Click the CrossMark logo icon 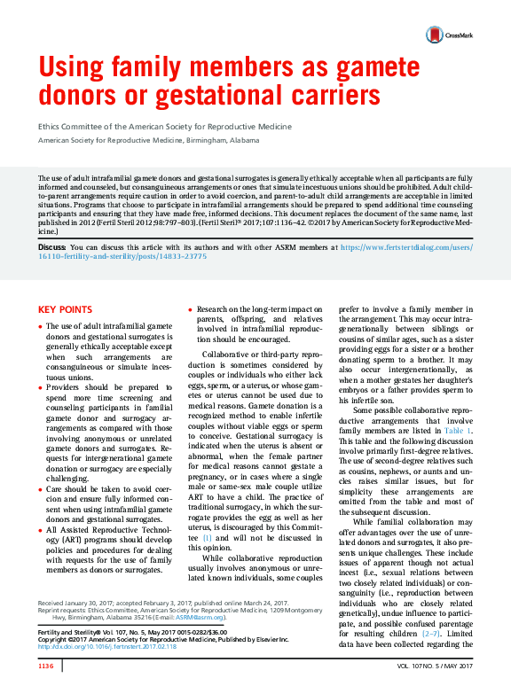pyautogui.click(x=435, y=35)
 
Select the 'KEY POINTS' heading pyautogui.click(x=65, y=309)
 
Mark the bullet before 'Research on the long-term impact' pyautogui.click(x=189, y=309)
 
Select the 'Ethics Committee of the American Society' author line pyautogui.click(x=165, y=127)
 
